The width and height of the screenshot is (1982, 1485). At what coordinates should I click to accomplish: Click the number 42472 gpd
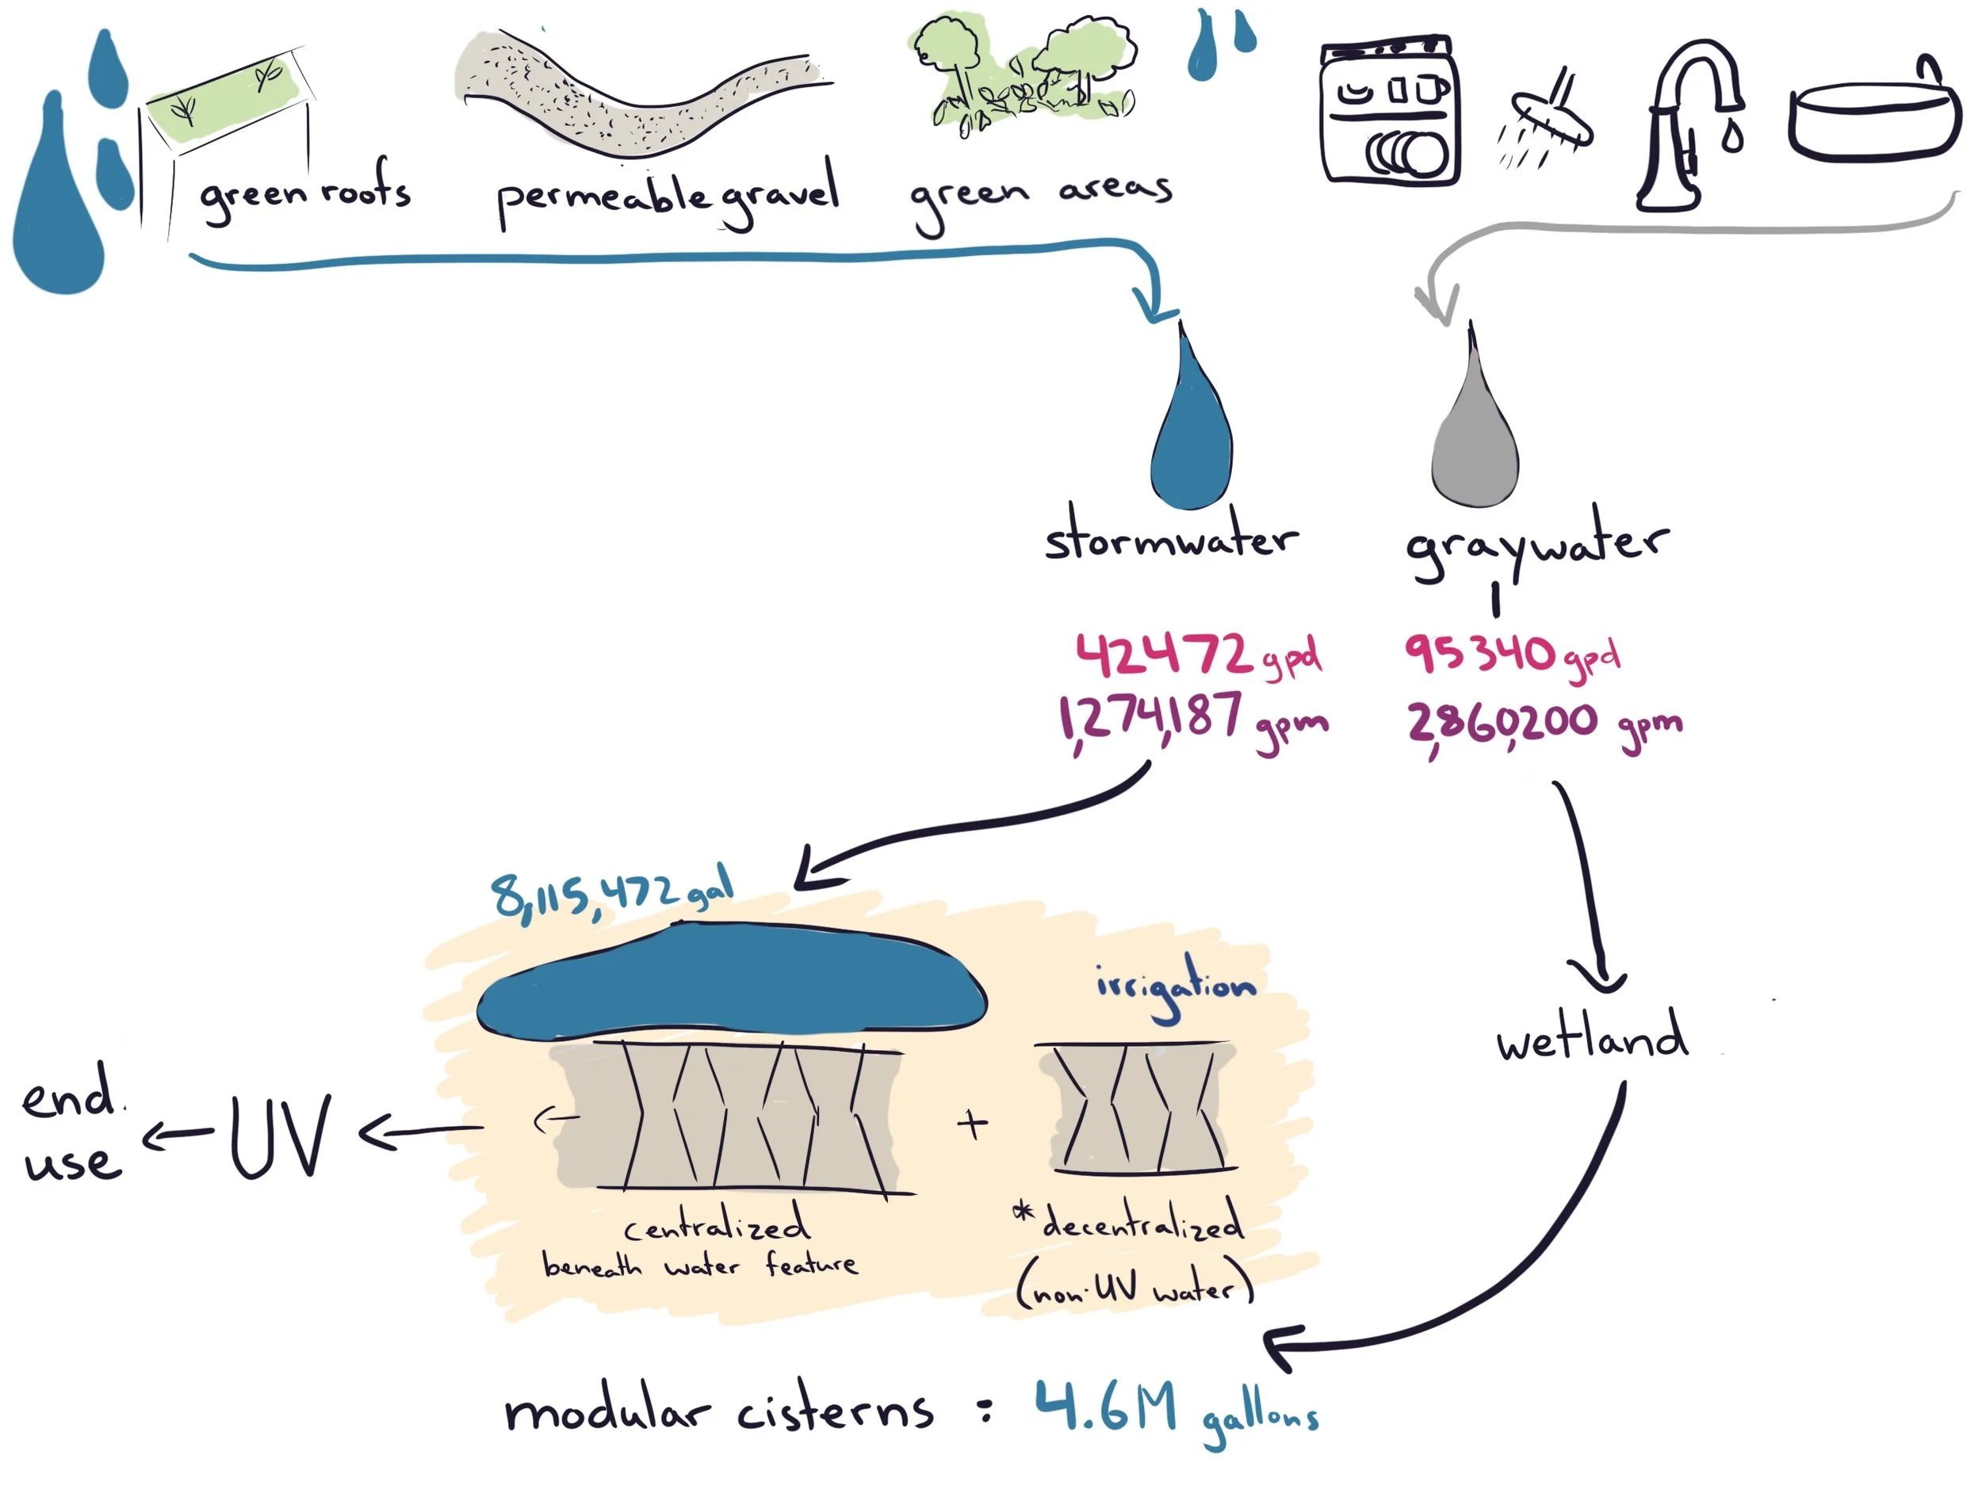(x=1196, y=655)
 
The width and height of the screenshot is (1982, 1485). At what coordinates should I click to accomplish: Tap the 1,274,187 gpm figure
(x=1192, y=722)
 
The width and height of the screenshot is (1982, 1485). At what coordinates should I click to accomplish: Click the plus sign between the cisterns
(x=972, y=1123)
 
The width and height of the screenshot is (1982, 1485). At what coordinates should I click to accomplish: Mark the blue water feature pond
(x=730, y=985)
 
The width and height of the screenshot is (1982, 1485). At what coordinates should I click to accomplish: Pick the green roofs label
(x=304, y=193)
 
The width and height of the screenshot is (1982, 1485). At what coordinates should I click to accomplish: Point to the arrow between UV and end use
(x=177, y=1136)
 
